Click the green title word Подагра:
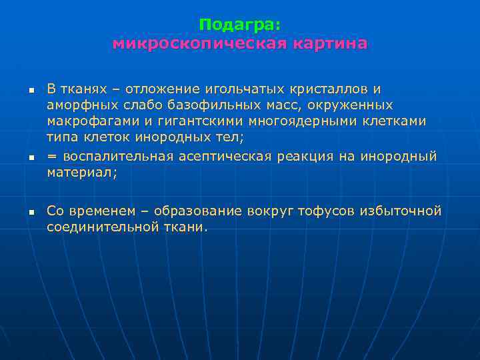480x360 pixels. pyautogui.click(x=240, y=25)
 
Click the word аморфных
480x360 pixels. pyautogui.click(x=82, y=106)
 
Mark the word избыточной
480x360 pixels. pyautogui.click(x=401, y=211)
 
